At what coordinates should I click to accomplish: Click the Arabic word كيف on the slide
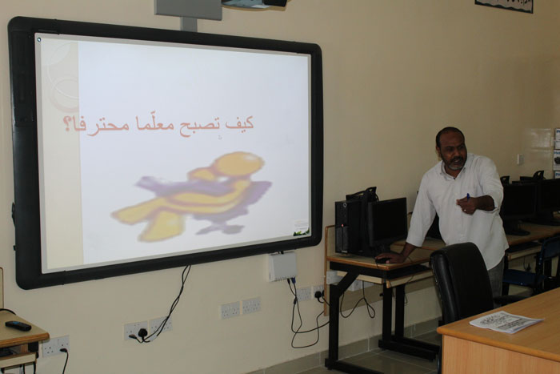click(x=239, y=123)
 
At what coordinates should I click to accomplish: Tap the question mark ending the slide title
click(x=66, y=123)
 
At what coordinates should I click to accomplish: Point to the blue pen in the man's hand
click(x=468, y=196)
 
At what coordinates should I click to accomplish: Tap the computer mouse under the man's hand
click(x=382, y=260)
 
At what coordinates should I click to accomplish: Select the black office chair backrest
click(x=461, y=279)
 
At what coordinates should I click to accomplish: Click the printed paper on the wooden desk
click(x=506, y=321)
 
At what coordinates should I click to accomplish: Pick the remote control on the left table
click(x=18, y=325)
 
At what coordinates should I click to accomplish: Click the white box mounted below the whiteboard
click(x=282, y=267)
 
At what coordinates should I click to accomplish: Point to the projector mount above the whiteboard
click(x=189, y=14)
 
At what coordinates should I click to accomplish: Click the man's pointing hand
click(x=466, y=204)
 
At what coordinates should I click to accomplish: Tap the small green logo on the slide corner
click(x=301, y=233)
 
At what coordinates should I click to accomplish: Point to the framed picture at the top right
click(x=503, y=6)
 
